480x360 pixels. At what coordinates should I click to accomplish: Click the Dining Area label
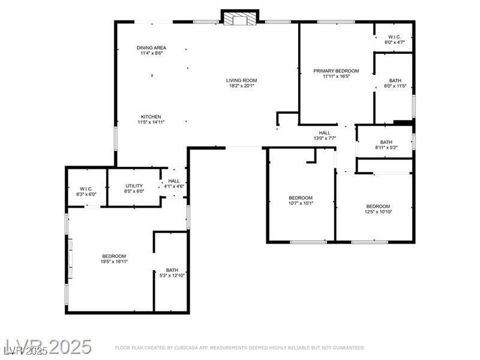click(x=151, y=48)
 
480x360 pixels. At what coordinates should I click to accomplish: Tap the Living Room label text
click(x=241, y=80)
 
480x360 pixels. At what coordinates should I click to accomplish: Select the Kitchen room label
click(x=151, y=117)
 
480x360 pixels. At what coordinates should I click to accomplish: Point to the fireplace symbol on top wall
click(x=240, y=19)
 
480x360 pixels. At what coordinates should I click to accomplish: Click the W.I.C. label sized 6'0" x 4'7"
click(x=395, y=37)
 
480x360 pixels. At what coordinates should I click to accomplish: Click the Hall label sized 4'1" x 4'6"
click(x=174, y=181)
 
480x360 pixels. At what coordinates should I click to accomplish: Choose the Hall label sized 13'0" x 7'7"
click(x=325, y=133)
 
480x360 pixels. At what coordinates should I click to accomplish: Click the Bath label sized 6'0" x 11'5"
click(x=395, y=80)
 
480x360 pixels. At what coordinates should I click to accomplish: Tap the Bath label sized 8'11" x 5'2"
click(x=386, y=142)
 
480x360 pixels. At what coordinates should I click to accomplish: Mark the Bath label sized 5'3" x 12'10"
click(x=172, y=270)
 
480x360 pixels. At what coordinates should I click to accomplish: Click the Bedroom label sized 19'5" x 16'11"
click(x=114, y=256)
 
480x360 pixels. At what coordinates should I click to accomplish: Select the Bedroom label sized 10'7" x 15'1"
click(x=301, y=198)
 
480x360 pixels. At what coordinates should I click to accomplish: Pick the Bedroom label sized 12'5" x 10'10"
click(x=378, y=206)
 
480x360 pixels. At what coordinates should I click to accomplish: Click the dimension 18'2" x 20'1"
click(x=241, y=86)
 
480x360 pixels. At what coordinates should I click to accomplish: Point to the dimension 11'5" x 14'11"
click(x=151, y=122)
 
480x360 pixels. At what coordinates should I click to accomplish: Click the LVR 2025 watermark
click(x=48, y=347)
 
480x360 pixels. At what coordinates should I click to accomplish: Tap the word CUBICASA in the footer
click(x=190, y=348)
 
